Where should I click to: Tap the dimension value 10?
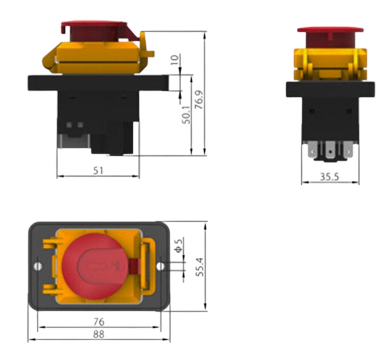tap(175, 60)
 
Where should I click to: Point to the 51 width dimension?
tap(98, 171)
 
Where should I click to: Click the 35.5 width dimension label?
tap(330, 177)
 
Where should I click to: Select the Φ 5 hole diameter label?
tap(179, 245)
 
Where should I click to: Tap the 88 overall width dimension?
tap(99, 334)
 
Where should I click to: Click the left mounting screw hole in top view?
tap(38, 266)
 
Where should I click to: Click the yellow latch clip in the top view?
tap(148, 266)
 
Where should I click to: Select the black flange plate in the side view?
tap(98, 83)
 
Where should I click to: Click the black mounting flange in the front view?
tap(330, 89)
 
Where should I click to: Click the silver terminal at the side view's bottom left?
tap(74, 141)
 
